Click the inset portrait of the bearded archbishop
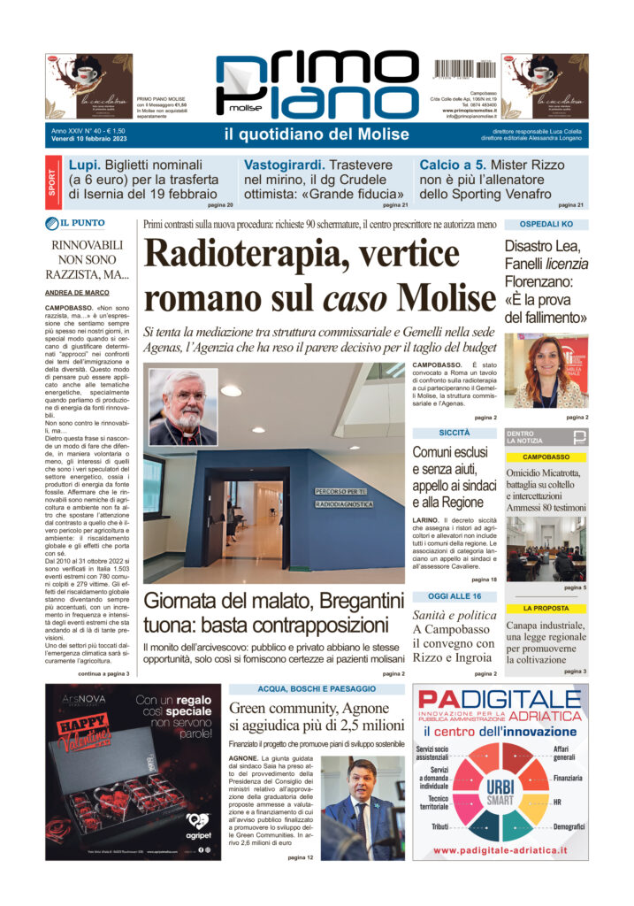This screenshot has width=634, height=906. pos(183,406)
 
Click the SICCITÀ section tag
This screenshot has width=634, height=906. pos(454,433)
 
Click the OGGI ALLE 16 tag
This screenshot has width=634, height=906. pos(454,597)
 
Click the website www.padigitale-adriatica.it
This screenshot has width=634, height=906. pos(500,850)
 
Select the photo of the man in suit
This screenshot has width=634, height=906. pos(363,808)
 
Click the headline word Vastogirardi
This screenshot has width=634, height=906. pos(281,165)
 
